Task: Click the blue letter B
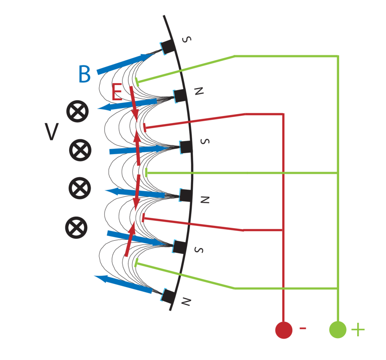click(x=84, y=75)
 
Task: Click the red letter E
click(x=117, y=93)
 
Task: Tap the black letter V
click(x=51, y=132)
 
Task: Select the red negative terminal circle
click(x=283, y=330)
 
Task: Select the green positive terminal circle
click(x=338, y=329)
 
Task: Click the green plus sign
click(x=358, y=329)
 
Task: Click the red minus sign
click(x=302, y=328)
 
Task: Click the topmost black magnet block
click(x=167, y=46)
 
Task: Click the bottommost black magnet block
click(x=168, y=296)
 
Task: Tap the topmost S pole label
click(x=186, y=39)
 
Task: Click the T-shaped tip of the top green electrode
click(x=137, y=82)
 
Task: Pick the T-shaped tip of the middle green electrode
click(x=146, y=173)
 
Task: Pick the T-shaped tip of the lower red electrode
click(x=142, y=217)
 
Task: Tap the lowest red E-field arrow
click(x=130, y=239)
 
